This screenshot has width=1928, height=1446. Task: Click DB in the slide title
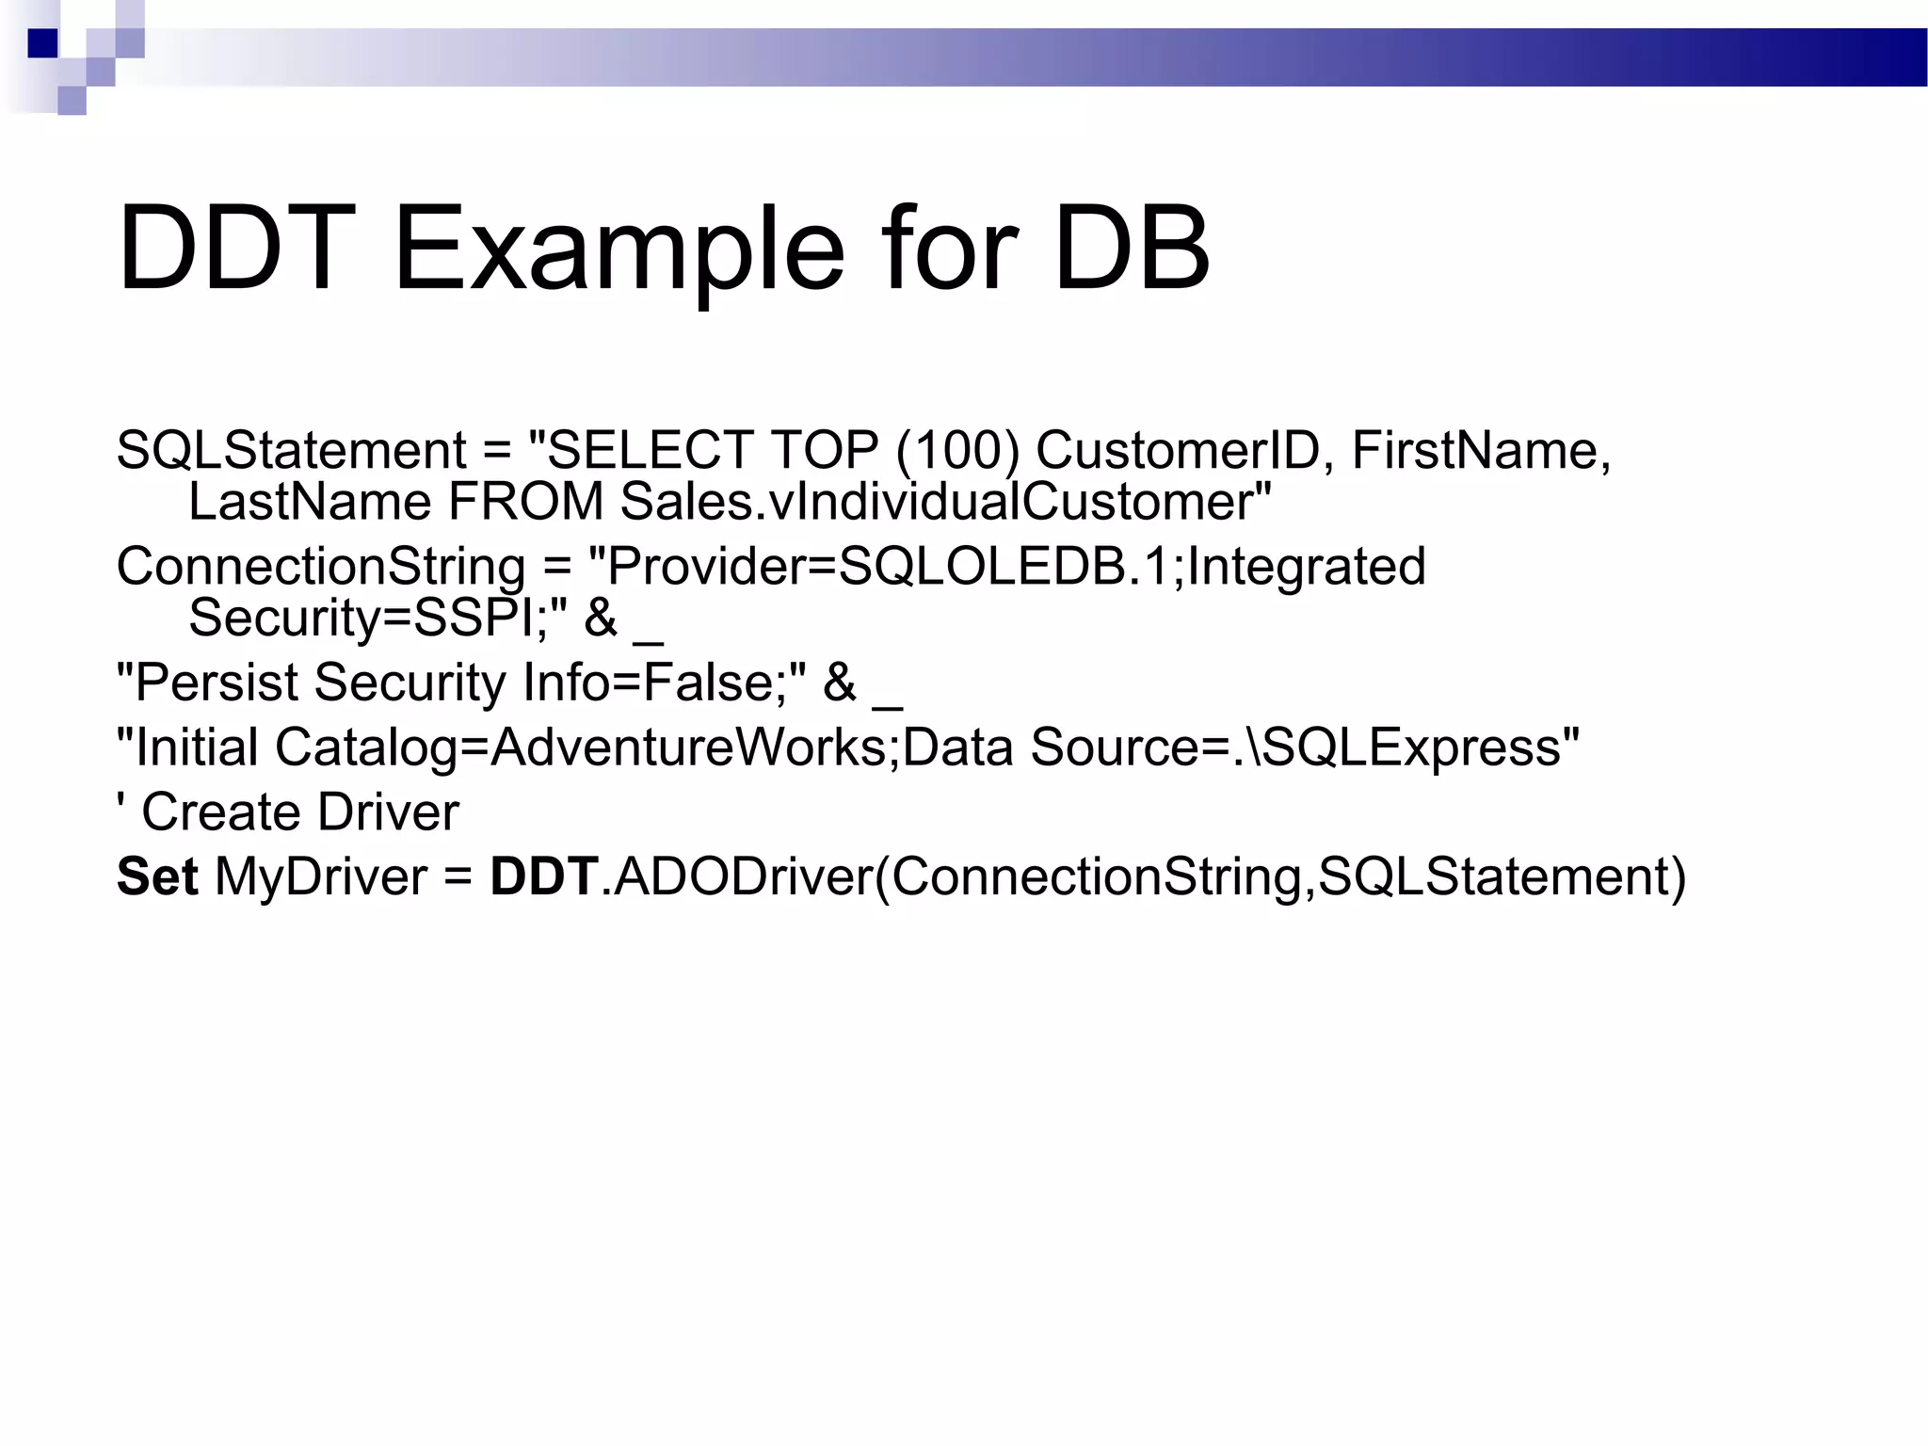pyautogui.click(x=1132, y=250)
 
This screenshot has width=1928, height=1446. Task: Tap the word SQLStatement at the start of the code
pyautogui.click(x=291, y=450)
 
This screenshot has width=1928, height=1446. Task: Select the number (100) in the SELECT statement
pyautogui.click(x=957, y=450)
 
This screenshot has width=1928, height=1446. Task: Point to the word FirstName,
pyautogui.click(x=1481, y=450)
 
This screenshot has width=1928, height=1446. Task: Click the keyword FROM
pyautogui.click(x=525, y=501)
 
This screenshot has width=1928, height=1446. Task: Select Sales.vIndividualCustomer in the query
pyautogui.click(x=944, y=501)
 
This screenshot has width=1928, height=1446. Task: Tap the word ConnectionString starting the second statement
pyautogui.click(x=320, y=567)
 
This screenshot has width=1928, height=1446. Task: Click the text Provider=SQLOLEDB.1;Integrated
pyautogui.click(x=1006, y=567)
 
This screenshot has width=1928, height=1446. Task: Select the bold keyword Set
pyautogui.click(x=156, y=876)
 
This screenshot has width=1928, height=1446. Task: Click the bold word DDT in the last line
pyautogui.click(x=544, y=876)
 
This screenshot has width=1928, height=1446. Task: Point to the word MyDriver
pyautogui.click(x=321, y=876)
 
